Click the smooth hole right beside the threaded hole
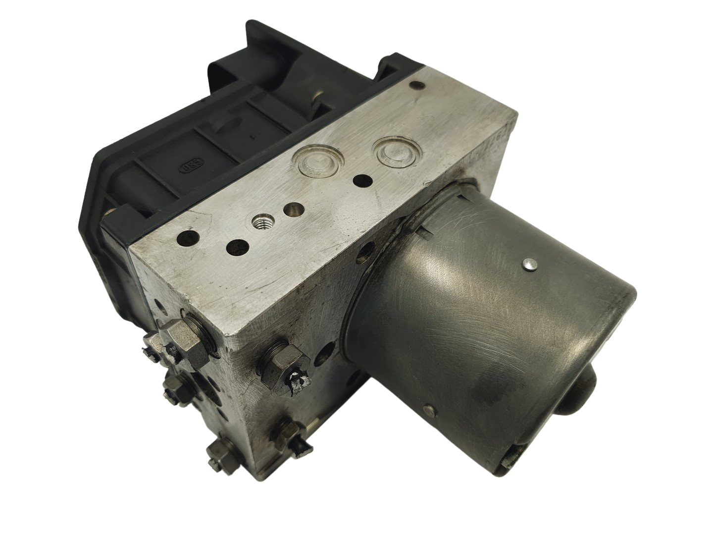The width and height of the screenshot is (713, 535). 291,209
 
